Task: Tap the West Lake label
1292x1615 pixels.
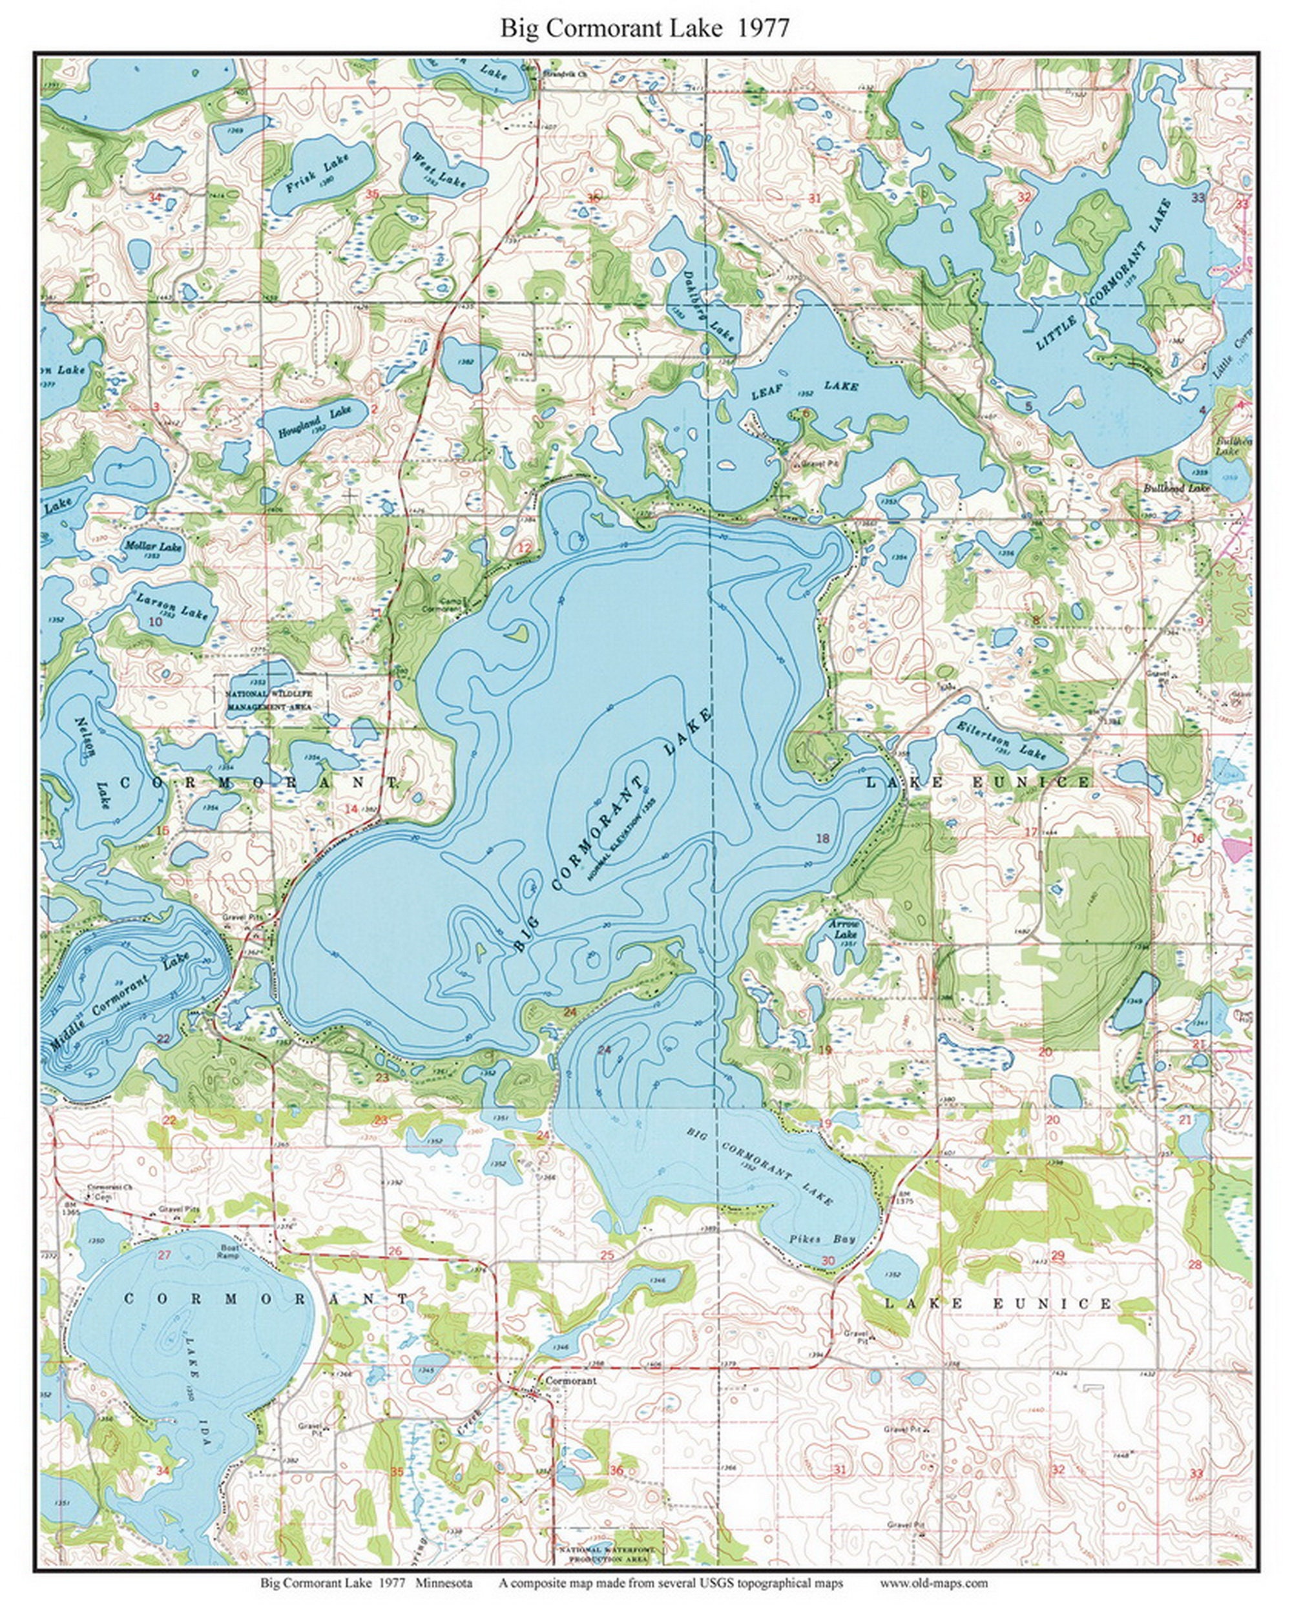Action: click(x=439, y=169)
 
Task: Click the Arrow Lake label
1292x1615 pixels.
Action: click(x=844, y=930)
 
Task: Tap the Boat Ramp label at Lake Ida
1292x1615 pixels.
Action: click(x=229, y=1252)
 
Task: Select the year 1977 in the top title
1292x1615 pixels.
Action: click(x=763, y=28)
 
